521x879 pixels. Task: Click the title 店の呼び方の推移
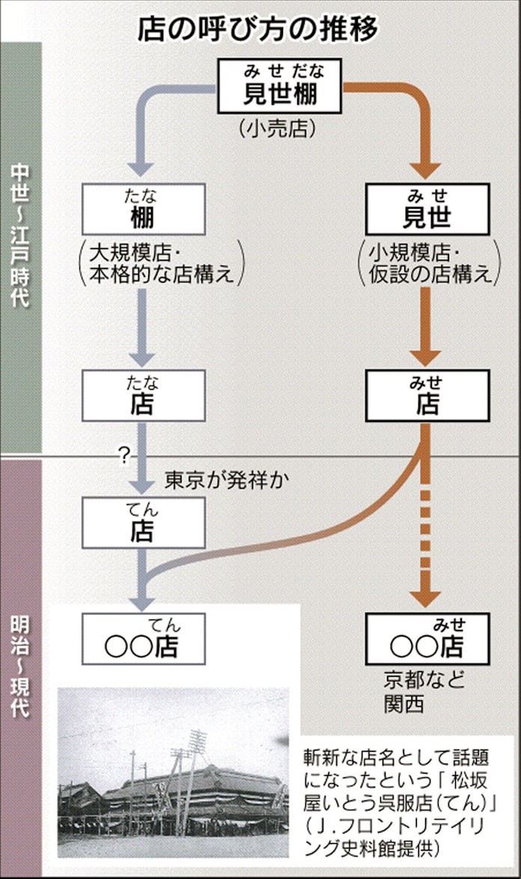pos(260,28)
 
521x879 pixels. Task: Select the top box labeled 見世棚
pos(280,86)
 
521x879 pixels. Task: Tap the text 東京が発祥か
pos(217,478)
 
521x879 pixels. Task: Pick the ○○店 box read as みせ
pos(427,639)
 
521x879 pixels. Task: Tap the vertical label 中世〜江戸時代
pos(20,239)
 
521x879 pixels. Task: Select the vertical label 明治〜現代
pos(20,666)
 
